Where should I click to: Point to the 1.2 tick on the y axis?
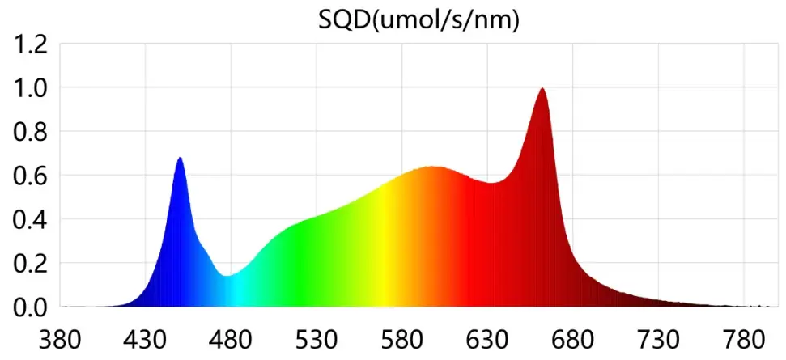click(29, 44)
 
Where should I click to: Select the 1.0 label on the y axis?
click(29, 87)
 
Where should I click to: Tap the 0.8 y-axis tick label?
click(29, 131)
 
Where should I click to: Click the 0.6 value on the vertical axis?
click(29, 175)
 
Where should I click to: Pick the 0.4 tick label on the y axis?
click(29, 219)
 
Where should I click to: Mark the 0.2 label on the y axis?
click(29, 263)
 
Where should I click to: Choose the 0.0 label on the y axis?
click(29, 307)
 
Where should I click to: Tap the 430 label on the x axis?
click(145, 337)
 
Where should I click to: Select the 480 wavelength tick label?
click(231, 337)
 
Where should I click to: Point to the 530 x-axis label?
click(317, 337)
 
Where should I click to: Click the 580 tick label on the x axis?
click(401, 337)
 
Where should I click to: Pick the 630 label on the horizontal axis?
click(487, 337)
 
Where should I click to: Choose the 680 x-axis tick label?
click(573, 337)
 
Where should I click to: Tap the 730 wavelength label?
click(659, 337)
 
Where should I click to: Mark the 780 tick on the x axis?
click(744, 337)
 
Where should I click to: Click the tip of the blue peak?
click(180, 158)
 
